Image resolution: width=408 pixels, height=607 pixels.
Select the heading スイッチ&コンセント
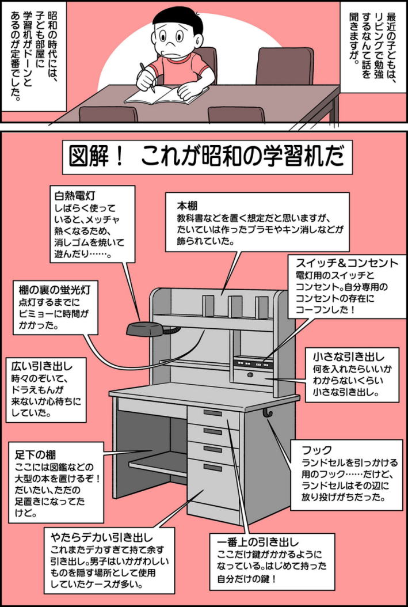pyautogui.click(x=346, y=263)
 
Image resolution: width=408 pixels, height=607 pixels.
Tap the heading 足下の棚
pyautogui.click(x=35, y=455)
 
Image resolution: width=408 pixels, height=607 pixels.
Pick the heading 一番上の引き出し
pyautogui.click(x=258, y=542)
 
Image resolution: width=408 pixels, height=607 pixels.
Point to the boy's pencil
pyautogui.click(x=149, y=80)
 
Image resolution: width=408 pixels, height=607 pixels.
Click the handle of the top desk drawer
pyautogui.click(x=212, y=413)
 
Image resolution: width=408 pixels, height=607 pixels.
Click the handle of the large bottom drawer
pyautogui.click(x=212, y=467)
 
